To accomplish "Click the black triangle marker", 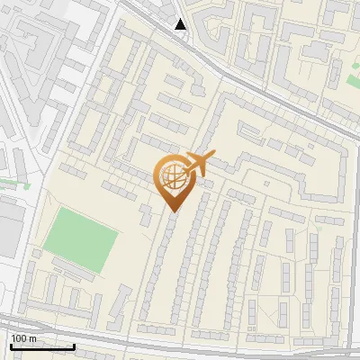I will pyautogui.click(x=181, y=24).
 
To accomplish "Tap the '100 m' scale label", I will pyautogui.click(x=24, y=338).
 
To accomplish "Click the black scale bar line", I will pyautogui.click(x=42, y=346).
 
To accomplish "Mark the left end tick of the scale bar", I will pyautogui.click(x=11, y=345).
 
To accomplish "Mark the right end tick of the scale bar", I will pyautogui.click(x=74, y=345).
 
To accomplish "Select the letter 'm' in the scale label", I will pyautogui.click(x=33, y=338).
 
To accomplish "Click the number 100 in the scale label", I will pyautogui.click(x=19, y=338).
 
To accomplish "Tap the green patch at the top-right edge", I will pyautogui.click(x=352, y=82).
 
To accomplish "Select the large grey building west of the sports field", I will pyautogui.click(x=11, y=225).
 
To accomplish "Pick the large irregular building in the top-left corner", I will pyautogui.click(x=40, y=45).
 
